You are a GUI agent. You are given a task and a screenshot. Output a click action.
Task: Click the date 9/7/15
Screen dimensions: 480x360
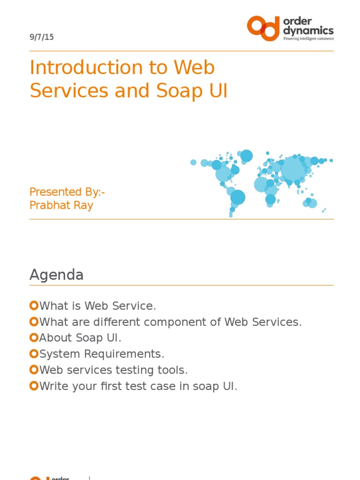(x=41, y=37)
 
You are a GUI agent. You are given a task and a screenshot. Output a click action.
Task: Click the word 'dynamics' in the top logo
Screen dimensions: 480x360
(x=308, y=31)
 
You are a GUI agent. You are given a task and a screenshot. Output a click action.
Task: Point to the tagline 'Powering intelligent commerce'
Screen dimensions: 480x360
(x=308, y=39)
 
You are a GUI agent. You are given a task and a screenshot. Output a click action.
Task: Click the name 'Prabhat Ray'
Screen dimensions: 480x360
(x=61, y=205)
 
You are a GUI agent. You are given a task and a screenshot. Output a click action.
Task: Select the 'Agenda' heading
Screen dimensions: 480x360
(x=56, y=275)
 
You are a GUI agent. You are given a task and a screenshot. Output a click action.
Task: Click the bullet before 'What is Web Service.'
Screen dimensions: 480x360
(x=33, y=306)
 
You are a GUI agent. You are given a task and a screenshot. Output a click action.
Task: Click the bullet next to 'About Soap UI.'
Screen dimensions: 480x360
(x=33, y=338)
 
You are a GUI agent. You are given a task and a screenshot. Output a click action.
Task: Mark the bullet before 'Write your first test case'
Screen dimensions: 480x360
(x=33, y=386)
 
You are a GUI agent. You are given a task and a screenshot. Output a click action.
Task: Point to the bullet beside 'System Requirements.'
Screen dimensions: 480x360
(x=33, y=354)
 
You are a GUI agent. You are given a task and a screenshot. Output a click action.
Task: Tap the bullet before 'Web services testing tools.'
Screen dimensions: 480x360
(x=33, y=370)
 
